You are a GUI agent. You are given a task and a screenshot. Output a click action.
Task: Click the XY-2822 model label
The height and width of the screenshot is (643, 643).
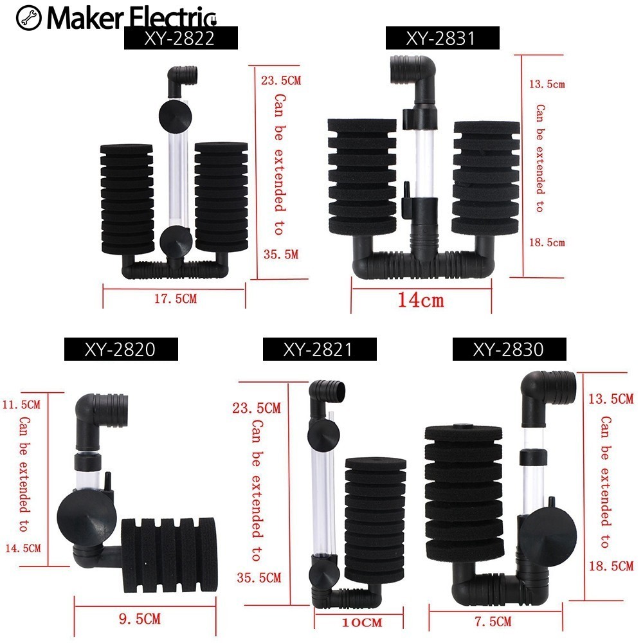click(x=181, y=39)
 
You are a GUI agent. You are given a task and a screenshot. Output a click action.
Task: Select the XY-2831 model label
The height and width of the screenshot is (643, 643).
click(x=442, y=39)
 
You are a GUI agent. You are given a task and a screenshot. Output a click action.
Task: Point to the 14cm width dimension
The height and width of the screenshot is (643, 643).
click(x=421, y=299)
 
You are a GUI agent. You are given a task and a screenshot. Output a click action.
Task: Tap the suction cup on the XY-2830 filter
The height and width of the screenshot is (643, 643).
click(x=543, y=540)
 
